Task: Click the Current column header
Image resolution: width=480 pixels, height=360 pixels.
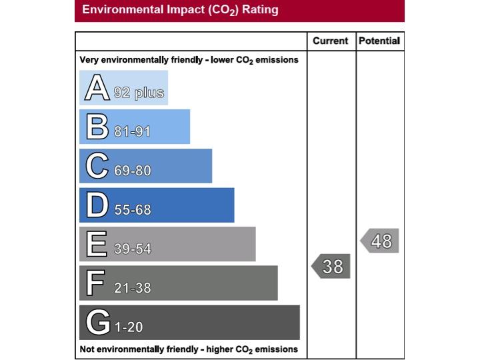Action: pyautogui.click(x=331, y=41)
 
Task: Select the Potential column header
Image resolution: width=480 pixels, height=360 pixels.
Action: pyautogui.click(x=379, y=41)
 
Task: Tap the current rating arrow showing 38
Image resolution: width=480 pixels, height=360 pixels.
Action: pyautogui.click(x=331, y=266)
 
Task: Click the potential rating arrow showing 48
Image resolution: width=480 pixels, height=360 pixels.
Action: pyautogui.click(x=380, y=240)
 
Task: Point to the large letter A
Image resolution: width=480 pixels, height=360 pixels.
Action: pyautogui.click(x=97, y=89)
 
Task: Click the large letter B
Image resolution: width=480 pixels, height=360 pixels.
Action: pyautogui.click(x=97, y=127)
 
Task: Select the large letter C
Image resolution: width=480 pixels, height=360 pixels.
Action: pyautogui.click(x=97, y=166)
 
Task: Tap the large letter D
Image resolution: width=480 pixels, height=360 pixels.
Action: pyautogui.click(x=97, y=205)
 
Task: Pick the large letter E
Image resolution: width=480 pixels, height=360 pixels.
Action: pyautogui.click(x=96, y=245)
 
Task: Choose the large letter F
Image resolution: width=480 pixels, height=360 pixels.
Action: pyautogui.click(x=95, y=283)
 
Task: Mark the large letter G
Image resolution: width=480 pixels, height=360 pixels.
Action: pyautogui.click(x=97, y=323)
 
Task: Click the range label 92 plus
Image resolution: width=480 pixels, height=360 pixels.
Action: pyautogui.click(x=139, y=93)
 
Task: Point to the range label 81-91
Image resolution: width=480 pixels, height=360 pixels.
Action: pyautogui.click(x=132, y=131)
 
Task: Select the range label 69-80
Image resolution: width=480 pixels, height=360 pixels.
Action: pyautogui.click(x=132, y=171)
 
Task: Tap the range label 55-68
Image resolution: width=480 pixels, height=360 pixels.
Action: pyautogui.click(x=132, y=210)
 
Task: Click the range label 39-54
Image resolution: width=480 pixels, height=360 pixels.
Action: pyautogui.click(x=132, y=249)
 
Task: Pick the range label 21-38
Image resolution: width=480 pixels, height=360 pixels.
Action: pyautogui.click(x=132, y=288)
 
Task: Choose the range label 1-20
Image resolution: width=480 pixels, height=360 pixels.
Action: pyautogui.click(x=129, y=327)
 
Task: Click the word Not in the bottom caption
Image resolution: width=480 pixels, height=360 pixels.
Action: pyautogui.click(x=87, y=349)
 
